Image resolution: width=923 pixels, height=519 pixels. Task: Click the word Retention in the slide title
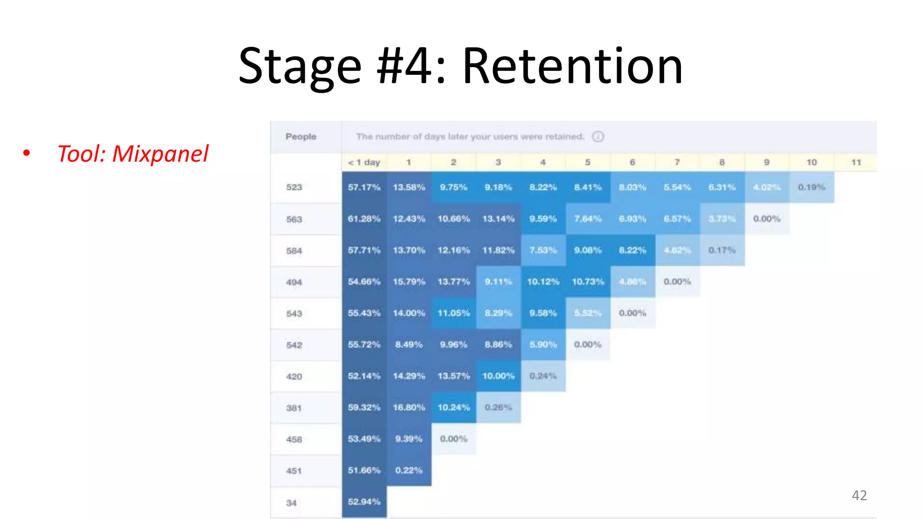[x=572, y=67]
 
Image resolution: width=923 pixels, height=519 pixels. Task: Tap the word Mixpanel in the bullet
[x=160, y=154]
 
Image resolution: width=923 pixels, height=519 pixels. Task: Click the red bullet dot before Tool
[x=27, y=153]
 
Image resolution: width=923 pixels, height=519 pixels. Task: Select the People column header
[x=301, y=137]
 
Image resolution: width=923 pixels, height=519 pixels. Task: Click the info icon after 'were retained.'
[x=598, y=137]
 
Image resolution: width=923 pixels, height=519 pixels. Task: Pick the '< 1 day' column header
[x=364, y=162]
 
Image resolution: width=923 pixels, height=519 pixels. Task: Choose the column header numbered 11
[x=856, y=162]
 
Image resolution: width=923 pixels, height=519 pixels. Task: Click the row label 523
[x=294, y=187]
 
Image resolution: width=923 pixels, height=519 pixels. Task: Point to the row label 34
[x=291, y=503]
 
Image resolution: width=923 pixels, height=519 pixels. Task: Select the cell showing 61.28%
[x=364, y=219]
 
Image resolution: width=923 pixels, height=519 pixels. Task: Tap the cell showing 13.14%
[x=498, y=219]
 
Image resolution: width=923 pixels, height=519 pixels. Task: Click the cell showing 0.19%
[x=811, y=187]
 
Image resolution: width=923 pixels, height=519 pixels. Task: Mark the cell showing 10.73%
[x=588, y=282]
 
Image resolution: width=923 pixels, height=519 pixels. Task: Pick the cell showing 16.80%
[x=409, y=407]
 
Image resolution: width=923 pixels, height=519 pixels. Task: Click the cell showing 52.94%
[x=364, y=501]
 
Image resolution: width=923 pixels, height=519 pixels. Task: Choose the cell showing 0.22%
[x=409, y=470]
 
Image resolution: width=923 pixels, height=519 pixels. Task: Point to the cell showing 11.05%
[x=453, y=313]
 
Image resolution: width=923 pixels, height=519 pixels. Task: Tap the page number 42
[x=859, y=496]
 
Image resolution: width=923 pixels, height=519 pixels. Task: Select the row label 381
[x=294, y=408]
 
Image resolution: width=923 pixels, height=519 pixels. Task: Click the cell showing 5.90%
[x=543, y=345]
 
